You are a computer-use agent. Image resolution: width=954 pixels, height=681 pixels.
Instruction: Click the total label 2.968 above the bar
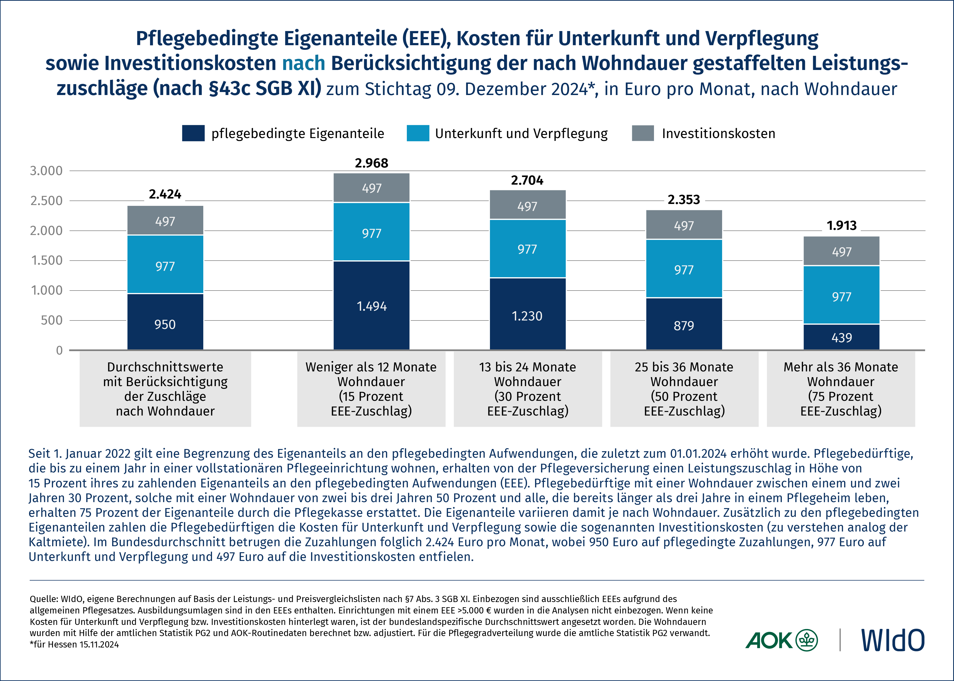coord(371,163)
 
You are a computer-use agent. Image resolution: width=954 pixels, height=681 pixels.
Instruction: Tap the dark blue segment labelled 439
coord(841,337)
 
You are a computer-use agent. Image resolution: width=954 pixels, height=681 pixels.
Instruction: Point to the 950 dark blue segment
coord(165,322)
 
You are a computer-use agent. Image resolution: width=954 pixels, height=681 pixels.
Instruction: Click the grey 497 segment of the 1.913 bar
coord(841,251)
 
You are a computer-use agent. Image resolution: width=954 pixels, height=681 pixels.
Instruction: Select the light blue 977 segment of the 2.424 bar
coord(165,265)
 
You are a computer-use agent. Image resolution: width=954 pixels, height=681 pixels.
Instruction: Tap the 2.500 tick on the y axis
coord(46,201)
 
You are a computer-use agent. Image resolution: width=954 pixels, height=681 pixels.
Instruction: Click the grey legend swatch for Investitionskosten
coord(643,133)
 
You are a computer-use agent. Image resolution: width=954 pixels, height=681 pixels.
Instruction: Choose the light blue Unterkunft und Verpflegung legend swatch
coord(418,133)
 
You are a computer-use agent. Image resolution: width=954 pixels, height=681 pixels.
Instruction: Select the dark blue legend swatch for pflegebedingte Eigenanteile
coord(193,133)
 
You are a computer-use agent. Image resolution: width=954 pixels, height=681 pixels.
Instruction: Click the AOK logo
coord(781,640)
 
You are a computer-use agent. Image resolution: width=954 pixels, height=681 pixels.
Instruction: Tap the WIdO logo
coord(892,640)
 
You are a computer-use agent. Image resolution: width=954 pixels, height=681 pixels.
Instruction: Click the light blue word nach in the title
coord(303,63)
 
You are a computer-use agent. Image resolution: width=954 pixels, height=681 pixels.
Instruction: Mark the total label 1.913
coord(841,226)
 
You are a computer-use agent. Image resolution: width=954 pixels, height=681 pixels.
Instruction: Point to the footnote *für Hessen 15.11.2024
coord(74,645)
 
